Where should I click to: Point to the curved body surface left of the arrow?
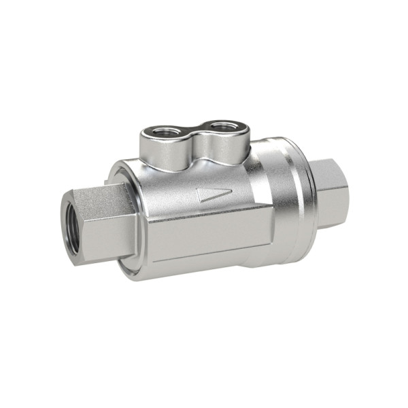point(170,194)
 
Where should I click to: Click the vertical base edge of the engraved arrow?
point(199,195)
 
